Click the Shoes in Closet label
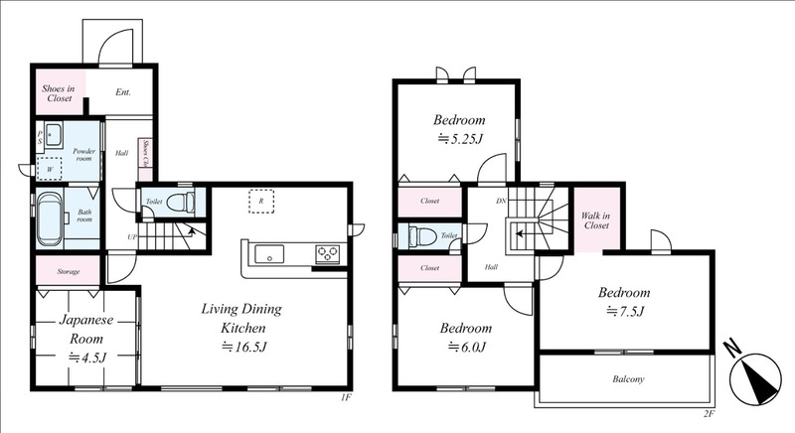point(59,93)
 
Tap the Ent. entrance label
point(123,92)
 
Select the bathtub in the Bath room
point(50,217)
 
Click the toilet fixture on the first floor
point(181,203)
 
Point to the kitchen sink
point(269,253)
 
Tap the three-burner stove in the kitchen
point(328,253)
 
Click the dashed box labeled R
point(261,201)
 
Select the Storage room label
point(69,272)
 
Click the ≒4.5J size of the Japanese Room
point(87,358)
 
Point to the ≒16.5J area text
point(243,347)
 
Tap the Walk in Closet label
point(596,220)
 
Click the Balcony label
point(628,378)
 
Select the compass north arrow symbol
point(754,378)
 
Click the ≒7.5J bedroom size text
point(625,312)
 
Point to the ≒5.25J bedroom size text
point(460,138)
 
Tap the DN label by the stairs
point(501,201)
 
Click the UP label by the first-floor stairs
point(132,237)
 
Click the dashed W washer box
point(49,169)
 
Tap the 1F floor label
point(346,397)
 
